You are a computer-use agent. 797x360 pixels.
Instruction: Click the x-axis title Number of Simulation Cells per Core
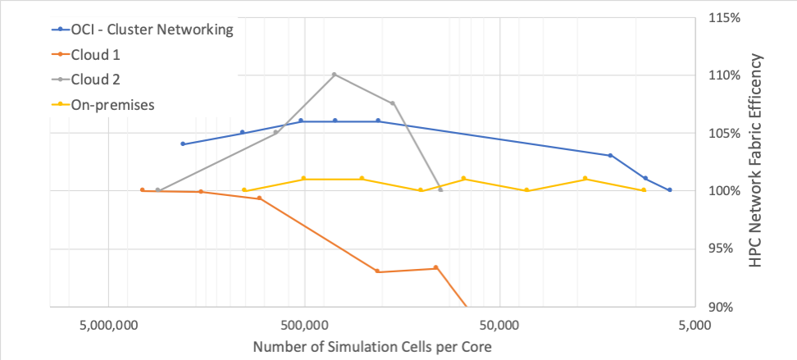tap(372, 346)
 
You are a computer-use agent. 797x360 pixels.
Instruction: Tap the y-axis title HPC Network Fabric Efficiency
tap(756, 162)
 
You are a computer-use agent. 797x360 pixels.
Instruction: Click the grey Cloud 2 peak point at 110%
tap(335, 75)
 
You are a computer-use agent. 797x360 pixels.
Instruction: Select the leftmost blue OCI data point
tap(183, 144)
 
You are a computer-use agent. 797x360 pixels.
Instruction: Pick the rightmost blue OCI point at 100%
tap(670, 190)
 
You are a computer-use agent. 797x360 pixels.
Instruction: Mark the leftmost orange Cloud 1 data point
tap(142, 190)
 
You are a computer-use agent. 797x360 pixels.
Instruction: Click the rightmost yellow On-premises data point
tap(644, 190)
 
